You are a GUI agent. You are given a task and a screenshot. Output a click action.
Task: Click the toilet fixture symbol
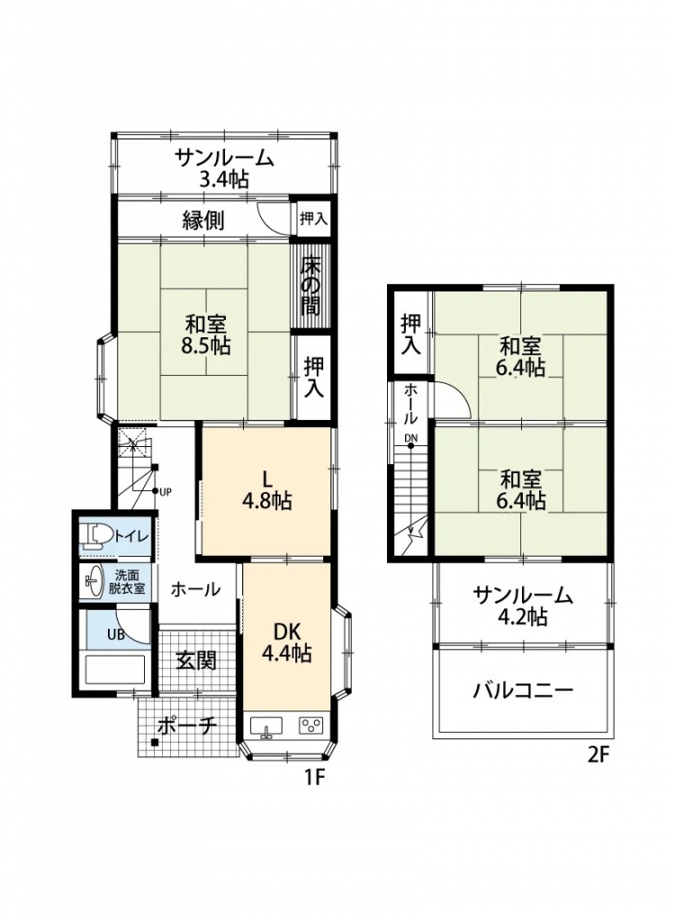click(x=94, y=536)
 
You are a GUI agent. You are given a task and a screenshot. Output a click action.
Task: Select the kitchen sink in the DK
click(x=267, y=727)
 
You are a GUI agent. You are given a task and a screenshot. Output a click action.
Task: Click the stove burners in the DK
click(x=310, y=727)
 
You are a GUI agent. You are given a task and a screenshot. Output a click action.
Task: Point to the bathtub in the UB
click(x=115, y=671)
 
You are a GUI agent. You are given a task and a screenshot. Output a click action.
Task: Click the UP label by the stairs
click(x=166, y=492)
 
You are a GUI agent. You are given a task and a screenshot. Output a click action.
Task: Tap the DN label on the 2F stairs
click(x=411, y=437)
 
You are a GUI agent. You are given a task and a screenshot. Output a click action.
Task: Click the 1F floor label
click(x=314, y=777)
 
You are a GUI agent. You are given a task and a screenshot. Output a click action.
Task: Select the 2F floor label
click(x=598, y=755)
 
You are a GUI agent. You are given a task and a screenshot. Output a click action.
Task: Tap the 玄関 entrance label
click(x=196, y=660)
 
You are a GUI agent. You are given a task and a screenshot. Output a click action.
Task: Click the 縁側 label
click(x=203, y=220)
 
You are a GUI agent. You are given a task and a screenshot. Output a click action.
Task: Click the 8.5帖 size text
click(x=206, y=345)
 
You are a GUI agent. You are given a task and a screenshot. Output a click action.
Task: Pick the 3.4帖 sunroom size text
click(x=224, y=179)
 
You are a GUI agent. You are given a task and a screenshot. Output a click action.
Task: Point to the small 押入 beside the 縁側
click(x=313, y=219)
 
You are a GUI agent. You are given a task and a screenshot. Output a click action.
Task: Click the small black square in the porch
click(x=154, y=742)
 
